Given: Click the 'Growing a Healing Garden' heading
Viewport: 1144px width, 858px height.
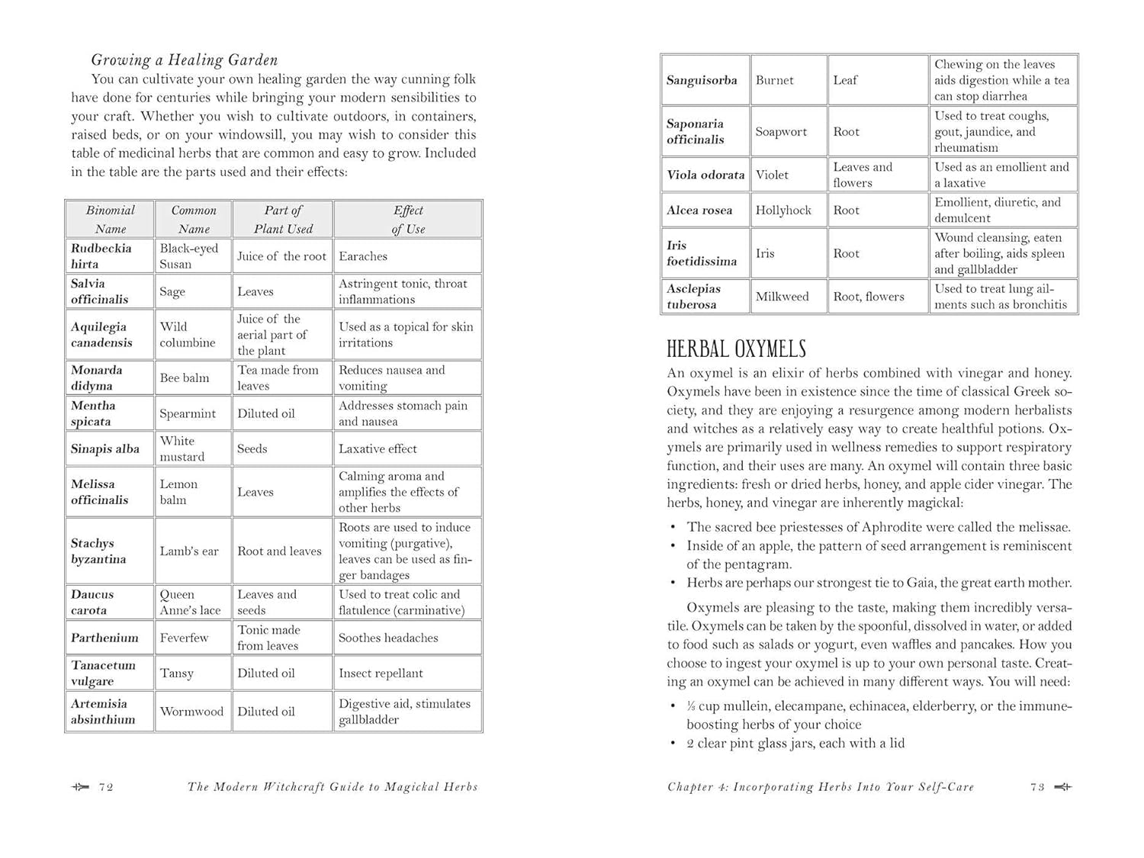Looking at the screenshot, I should tap(184, 60).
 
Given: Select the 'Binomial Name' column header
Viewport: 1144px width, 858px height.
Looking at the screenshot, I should tap(110, 220).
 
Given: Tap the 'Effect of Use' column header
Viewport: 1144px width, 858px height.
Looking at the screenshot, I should tap(408, 220).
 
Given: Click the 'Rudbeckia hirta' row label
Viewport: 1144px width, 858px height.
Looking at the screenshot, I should tap(101, 256).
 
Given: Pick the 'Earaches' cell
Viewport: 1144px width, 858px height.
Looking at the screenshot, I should tap(363, 256).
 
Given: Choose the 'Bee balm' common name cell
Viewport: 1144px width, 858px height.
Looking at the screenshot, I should tap(185, 378).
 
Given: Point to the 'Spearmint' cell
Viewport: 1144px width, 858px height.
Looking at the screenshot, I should tap(188, 413).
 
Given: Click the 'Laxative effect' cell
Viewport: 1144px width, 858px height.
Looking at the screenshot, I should tap(378, 448).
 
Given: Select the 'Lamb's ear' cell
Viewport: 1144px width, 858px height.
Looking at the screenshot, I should tap(189, 551).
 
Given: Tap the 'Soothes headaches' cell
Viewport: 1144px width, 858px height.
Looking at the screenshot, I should tap(388, 638).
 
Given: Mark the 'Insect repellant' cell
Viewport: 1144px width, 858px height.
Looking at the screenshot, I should tap(381, 673).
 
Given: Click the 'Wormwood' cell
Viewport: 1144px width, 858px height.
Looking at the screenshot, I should tap(191, 711).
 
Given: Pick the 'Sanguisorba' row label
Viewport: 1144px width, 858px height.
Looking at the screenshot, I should tap(702, 80).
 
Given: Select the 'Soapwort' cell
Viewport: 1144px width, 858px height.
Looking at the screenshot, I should tap(781, 131).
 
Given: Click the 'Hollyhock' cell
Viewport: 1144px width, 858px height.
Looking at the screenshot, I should tap(783, 210).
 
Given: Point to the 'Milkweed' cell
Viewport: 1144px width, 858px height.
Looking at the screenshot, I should tap(782, 296).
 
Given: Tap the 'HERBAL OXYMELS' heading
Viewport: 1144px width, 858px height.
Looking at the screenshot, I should tap(736, 349).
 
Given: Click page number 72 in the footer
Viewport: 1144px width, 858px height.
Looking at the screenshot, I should tap(106, 787).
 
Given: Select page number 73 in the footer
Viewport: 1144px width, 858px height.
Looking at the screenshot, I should tap(1037, 787).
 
